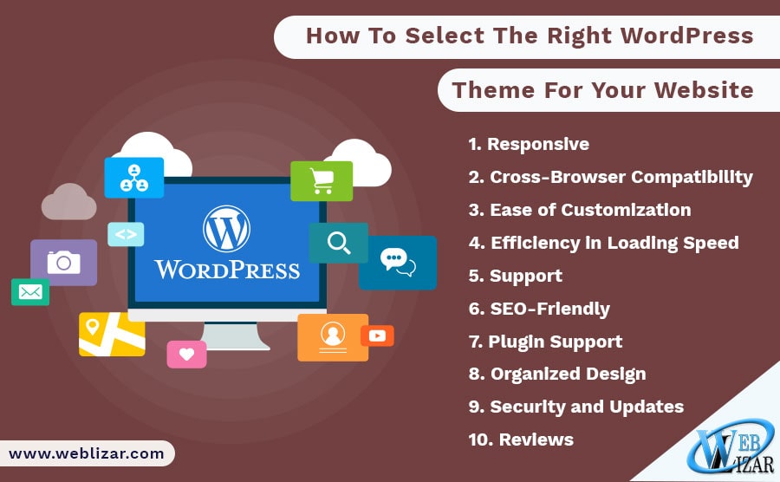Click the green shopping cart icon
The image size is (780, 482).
click(322, 181)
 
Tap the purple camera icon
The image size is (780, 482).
click(63, 262)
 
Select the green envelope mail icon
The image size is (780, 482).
click(30, 292)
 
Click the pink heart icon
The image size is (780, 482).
click(186, 355)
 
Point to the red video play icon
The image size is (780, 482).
click(377, 335)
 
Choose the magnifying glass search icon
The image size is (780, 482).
click(339, 243)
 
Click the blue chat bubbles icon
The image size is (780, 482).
click(398, 262)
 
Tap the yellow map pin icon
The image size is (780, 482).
click(112, 335)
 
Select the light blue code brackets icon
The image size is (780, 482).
click(126, 234)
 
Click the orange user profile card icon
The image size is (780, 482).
click(333, 337)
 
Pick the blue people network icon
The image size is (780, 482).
click(133, 178)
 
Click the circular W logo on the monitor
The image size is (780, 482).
click(226, 228)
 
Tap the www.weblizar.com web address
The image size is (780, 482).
click(86, 453)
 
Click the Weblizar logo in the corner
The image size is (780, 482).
click(731, 446)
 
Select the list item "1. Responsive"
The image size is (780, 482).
click(529, 144)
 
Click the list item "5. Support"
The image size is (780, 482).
click(516, 276)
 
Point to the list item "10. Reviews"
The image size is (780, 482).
click(521, 440)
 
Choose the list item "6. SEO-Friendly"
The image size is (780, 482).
click(539, 309)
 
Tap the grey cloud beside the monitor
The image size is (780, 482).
click(68, 202)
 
